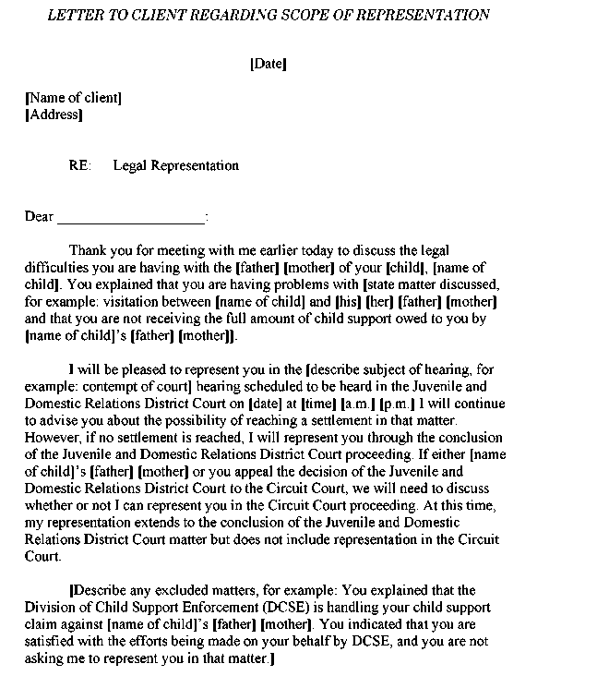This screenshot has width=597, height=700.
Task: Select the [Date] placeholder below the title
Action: coord(269,64)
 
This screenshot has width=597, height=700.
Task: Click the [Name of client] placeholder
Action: coord(73,98)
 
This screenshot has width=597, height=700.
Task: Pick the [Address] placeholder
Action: coord(54,115)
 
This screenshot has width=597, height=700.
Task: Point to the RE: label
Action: coord(79,166)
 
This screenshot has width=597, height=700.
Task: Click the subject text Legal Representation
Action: coord(175,166)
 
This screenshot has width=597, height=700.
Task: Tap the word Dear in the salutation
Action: coord(39,217)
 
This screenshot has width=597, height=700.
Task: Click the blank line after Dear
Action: coord(131,218)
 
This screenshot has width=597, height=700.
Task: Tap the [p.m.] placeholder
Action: coord(398,404)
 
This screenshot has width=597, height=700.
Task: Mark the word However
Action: coord(52,438)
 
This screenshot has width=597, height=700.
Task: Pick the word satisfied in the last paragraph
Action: coord(51,641)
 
